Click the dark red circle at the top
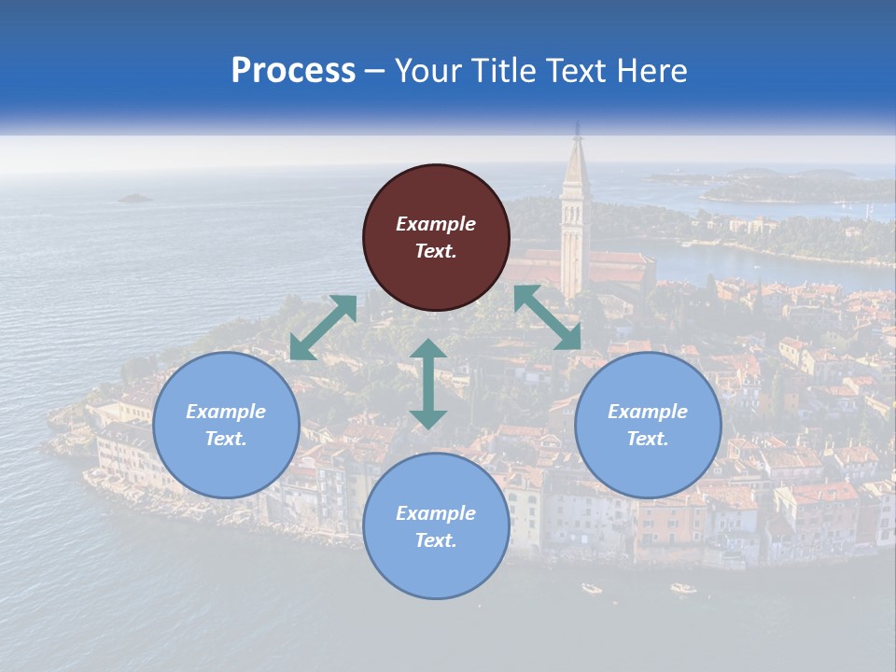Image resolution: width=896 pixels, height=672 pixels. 436,238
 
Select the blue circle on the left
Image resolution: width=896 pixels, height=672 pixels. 226,426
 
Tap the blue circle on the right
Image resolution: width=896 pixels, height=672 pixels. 648,426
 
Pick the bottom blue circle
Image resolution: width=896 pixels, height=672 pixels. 436,526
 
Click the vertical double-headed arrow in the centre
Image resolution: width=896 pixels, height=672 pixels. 428,384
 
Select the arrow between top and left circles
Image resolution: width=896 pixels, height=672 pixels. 323,328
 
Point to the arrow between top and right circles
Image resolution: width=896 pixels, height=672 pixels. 547,317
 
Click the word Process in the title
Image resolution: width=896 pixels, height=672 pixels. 293,71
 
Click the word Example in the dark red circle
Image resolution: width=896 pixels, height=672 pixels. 436,224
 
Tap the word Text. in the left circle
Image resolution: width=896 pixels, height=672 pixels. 226,439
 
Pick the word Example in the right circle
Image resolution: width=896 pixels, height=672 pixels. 648,412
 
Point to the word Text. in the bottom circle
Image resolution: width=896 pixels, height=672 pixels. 436,540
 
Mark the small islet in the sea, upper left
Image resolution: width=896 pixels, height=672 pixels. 135,198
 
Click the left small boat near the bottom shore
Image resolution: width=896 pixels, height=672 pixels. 592,588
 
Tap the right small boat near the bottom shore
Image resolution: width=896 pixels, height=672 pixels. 683,588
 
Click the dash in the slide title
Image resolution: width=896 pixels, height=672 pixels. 374,71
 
